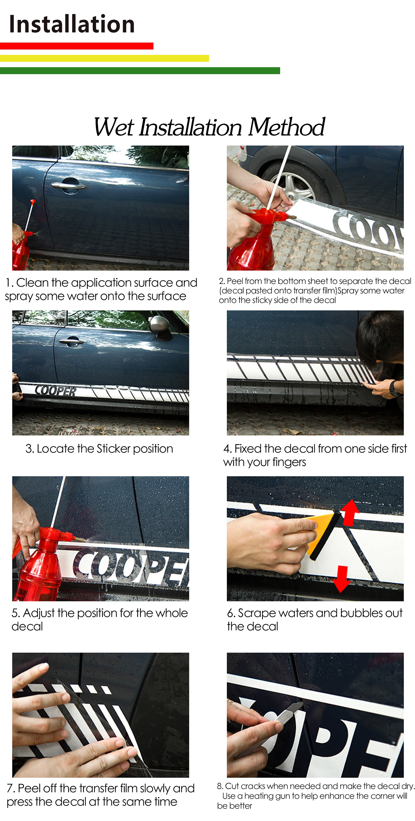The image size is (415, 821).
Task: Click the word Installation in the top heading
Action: (72, 24)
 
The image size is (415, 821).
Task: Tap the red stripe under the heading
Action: (77, 46)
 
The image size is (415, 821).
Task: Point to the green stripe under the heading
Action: (140, 70)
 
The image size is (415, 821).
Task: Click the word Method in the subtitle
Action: (286, 127)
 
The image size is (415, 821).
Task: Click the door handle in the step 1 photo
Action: (68, 185)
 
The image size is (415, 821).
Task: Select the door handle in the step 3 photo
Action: (72, 342)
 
